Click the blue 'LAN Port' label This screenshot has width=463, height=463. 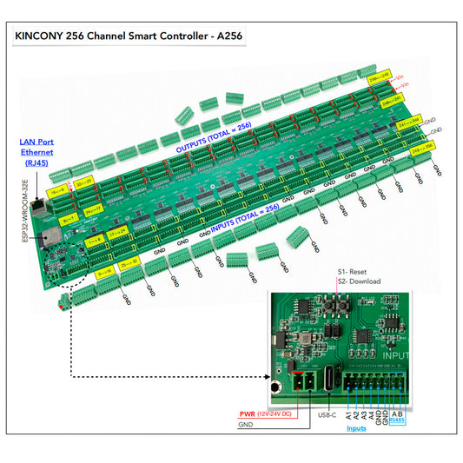pos(36,141)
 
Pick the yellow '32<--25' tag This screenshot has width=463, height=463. pos(84,183)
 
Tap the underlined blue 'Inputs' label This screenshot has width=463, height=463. pos(356,427)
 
